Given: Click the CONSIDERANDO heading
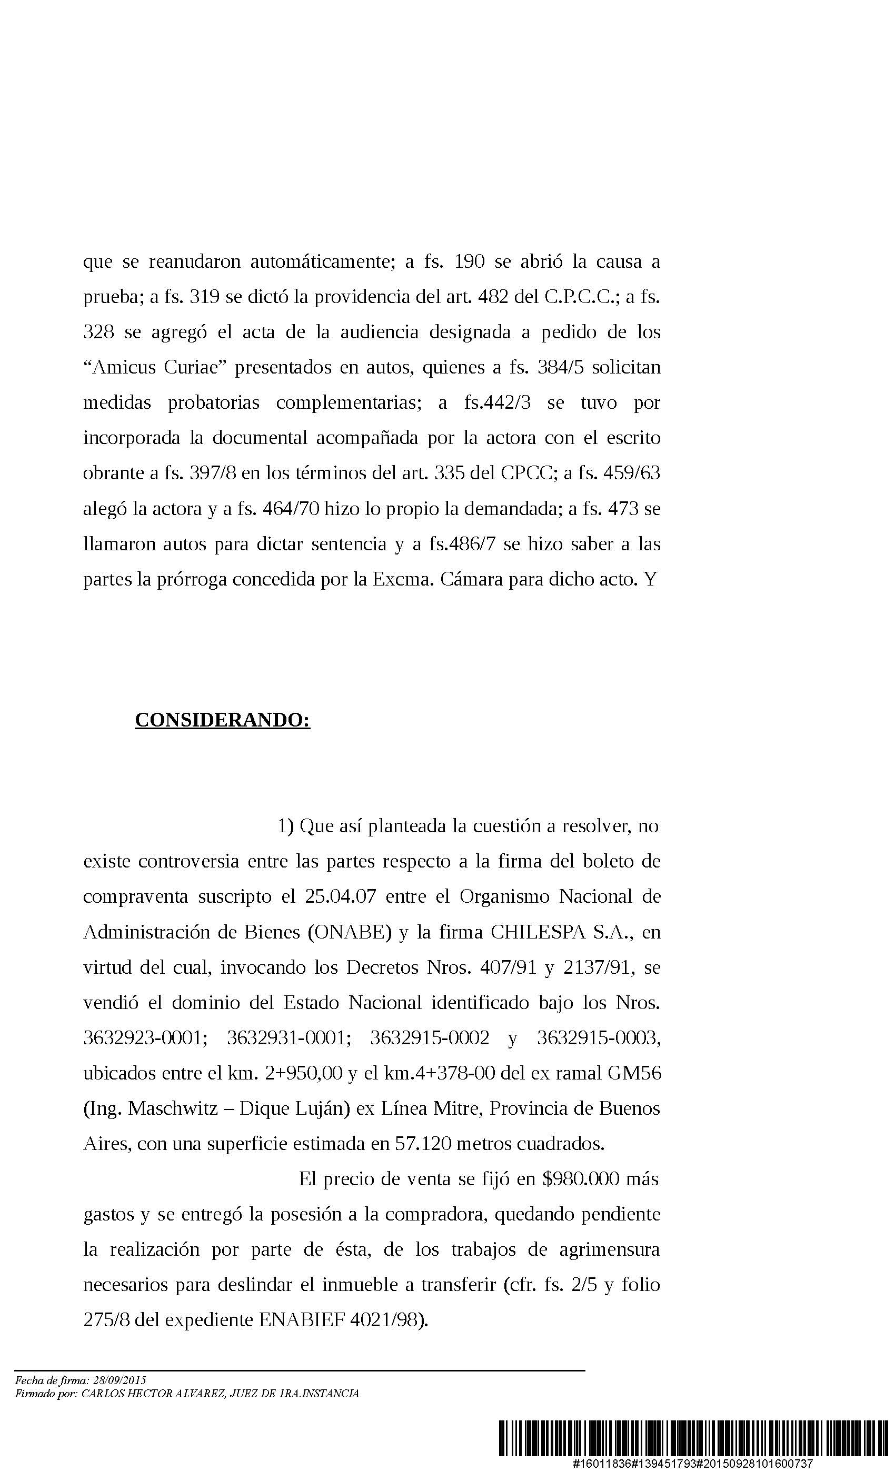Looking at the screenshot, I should point(222,720).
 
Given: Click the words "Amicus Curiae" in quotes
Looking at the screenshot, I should point(154,367).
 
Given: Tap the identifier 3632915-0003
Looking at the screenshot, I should point(598,1038).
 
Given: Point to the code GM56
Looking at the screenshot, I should point(634,1073).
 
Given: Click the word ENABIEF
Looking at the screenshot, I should point(302,1319).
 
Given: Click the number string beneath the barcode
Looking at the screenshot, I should point(693,1464).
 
